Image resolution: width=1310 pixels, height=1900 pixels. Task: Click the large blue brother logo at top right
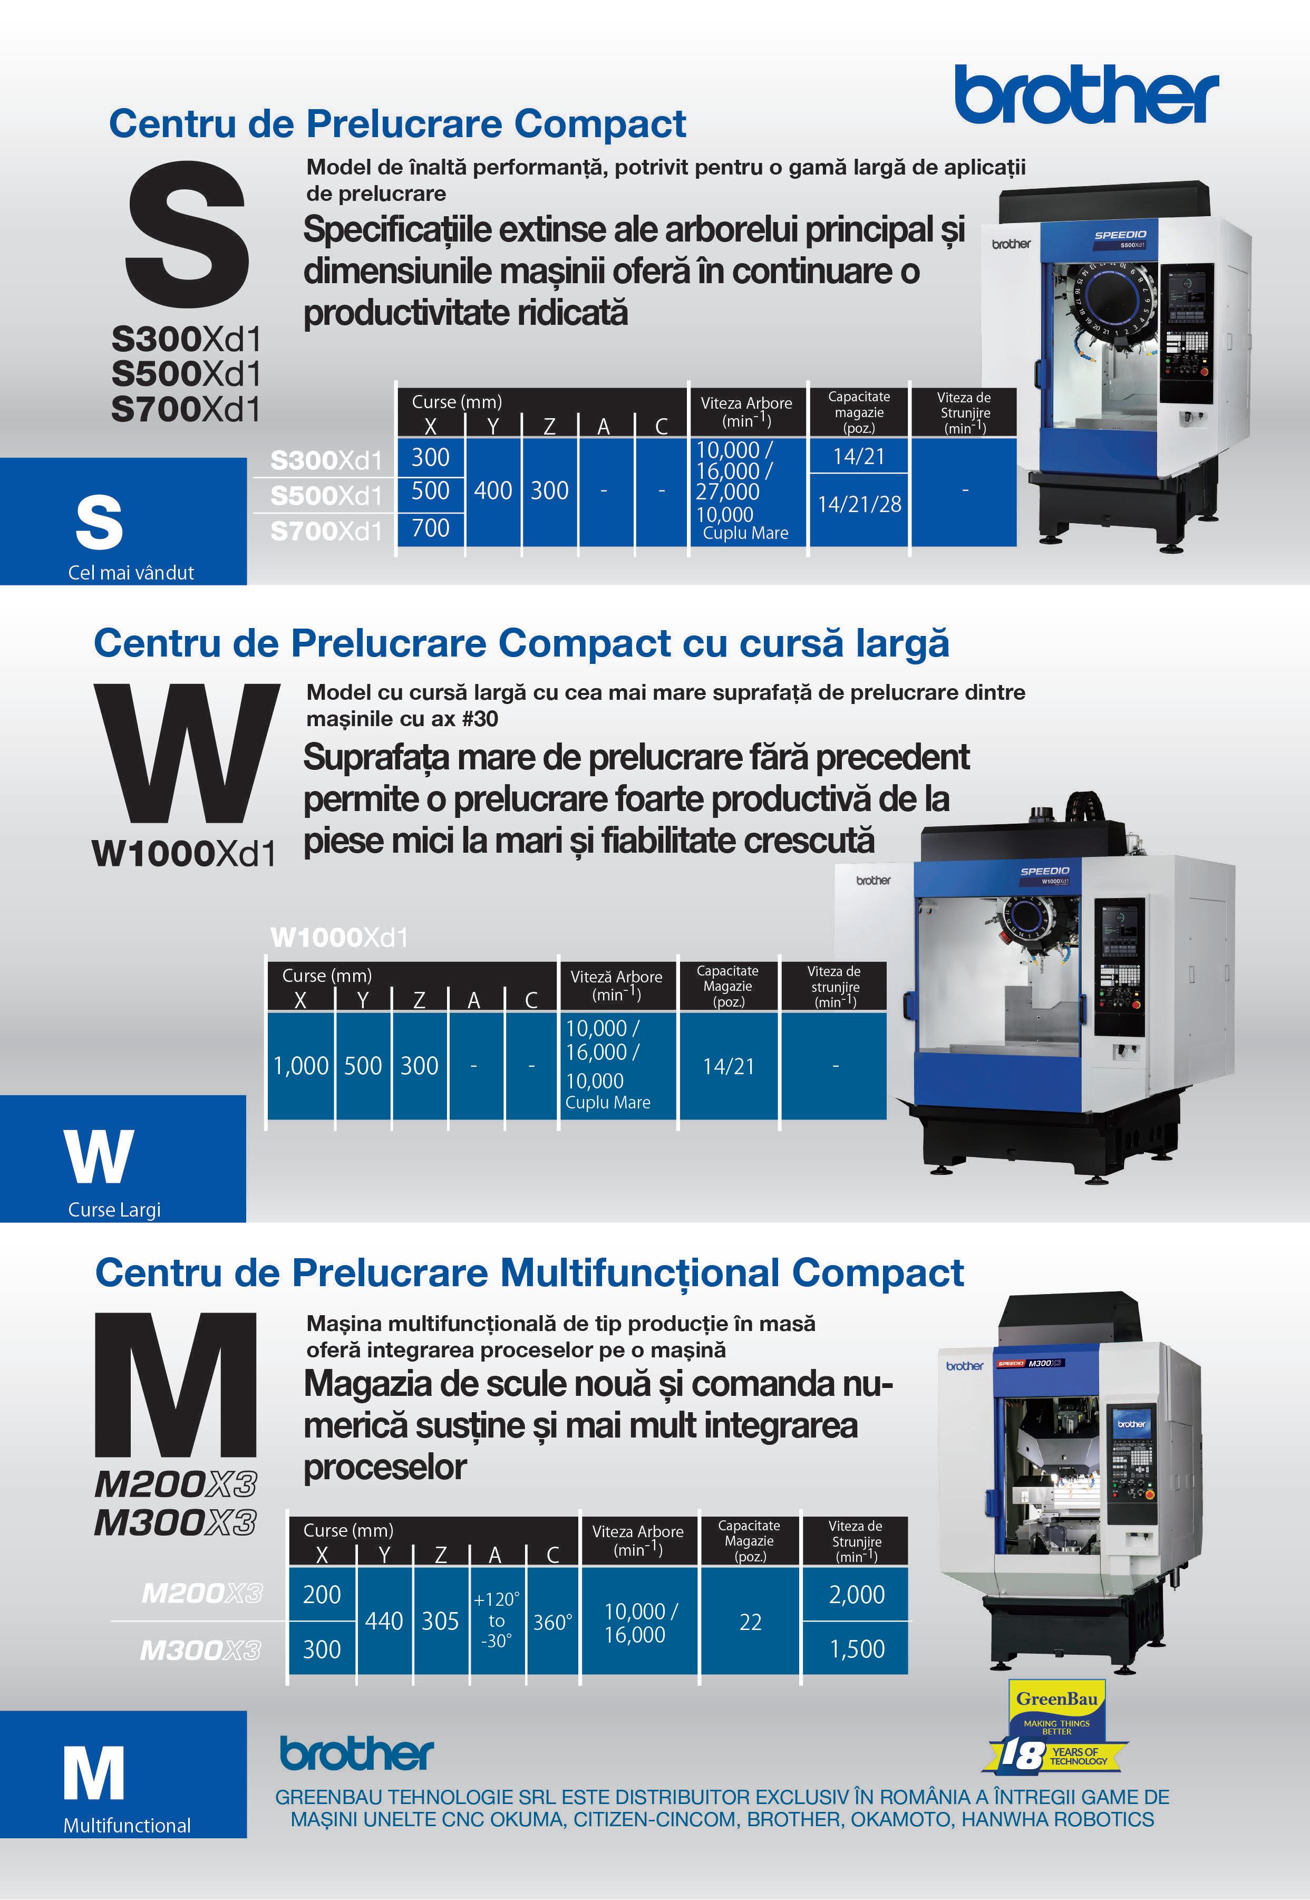1086,94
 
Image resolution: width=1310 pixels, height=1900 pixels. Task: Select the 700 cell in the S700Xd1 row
430,528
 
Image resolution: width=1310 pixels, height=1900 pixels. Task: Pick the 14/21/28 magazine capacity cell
859,504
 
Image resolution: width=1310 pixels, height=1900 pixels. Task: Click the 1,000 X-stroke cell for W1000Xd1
300,1066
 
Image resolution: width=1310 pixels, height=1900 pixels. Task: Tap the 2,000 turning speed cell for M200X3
856,1594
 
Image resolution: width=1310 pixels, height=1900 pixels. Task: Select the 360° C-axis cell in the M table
552,1622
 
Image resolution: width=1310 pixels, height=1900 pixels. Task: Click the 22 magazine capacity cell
750,1622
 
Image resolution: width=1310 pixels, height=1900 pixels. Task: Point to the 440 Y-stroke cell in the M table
384,1621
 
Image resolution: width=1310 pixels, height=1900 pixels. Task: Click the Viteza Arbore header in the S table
746,411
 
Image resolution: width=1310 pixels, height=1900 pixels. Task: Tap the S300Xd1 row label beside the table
327,461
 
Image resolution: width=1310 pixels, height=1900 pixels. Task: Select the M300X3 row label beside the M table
200,1650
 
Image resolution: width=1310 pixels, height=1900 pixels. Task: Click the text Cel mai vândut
131,572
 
